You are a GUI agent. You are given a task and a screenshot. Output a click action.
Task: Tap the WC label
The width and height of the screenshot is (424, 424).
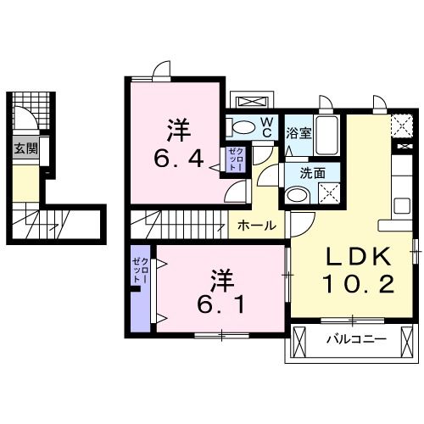click(x=265, y=127)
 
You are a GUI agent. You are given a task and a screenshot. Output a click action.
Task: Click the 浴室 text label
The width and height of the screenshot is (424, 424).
click(x=298, y=133)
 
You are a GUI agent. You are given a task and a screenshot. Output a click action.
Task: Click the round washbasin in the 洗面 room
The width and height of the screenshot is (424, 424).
click(x=297, y=195)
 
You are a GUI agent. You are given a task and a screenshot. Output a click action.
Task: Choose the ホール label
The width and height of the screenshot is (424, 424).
click(x=255, y=226)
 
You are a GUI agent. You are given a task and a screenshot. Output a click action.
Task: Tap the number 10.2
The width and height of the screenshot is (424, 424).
click(x=357, y=285)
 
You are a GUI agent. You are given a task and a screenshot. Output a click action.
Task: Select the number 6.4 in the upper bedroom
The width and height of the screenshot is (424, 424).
click(x=177, y=159)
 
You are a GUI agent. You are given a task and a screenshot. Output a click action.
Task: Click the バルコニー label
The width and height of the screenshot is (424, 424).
click(x=356, y=341)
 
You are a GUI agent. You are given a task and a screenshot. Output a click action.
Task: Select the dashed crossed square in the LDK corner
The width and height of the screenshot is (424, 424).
click(x=401, y=127)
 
